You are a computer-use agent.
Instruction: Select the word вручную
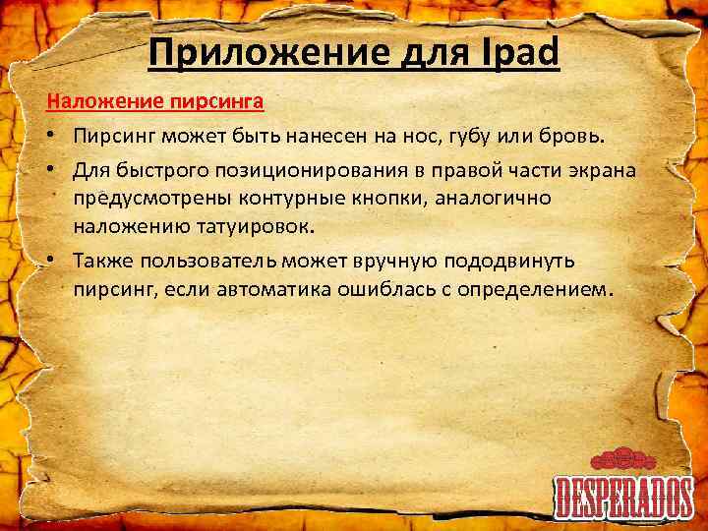tap(388, 262)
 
